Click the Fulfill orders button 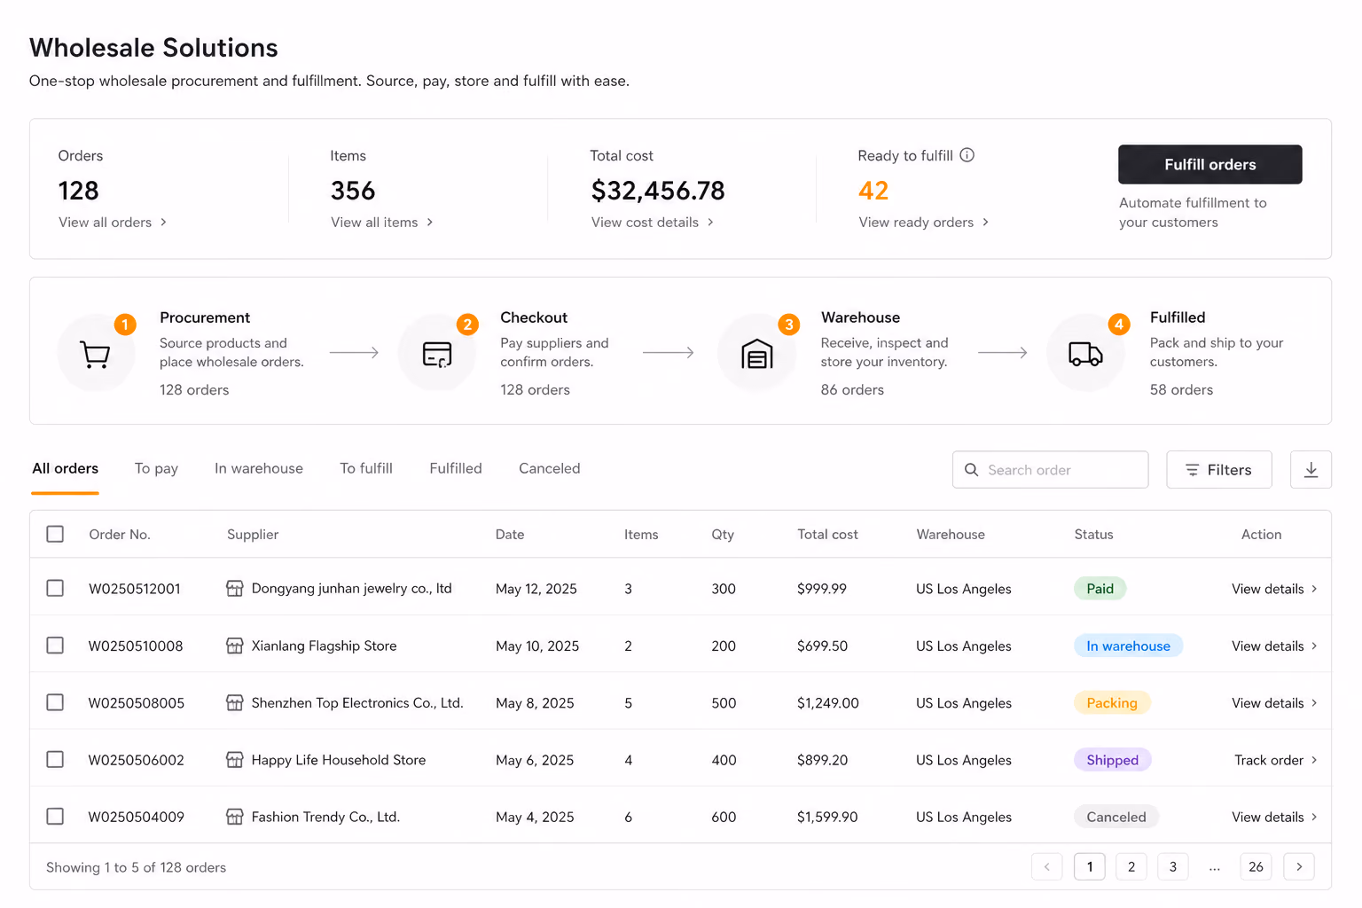tap(1209, 164)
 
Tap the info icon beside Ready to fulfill tap(967, 155)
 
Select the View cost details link tap(652, 222)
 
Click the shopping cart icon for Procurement tap(95, 354)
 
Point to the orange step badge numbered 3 tap(788, 325)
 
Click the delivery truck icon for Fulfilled tap(1085, 353)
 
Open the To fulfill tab tap(366, 468)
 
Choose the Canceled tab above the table tap(549, 468)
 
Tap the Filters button tap(1218, 469)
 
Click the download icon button tap(1311, 469)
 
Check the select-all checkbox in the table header tap(55, 534)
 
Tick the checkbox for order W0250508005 tap(55, 702)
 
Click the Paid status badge tap(1100, 589)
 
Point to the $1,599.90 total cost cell tap(827, 817)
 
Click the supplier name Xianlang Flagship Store tap(324, 646)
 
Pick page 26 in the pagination tap(1256, 866)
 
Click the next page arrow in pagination tap(1299, 866)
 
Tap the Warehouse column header tap(951, 534)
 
